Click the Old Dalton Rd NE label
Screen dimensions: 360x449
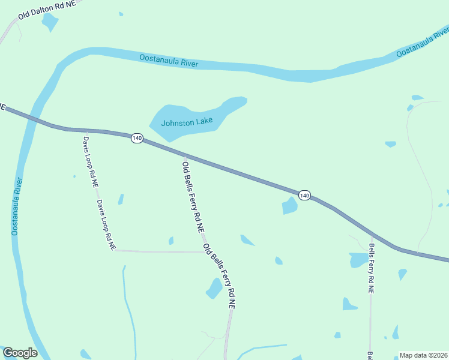coord(47,8)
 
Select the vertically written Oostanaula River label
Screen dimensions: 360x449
coord(17,206)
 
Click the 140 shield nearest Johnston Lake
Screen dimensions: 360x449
coord(137,139)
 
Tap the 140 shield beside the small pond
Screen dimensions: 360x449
coord(304,196)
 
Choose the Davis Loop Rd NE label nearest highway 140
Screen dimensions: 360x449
coord(91,162)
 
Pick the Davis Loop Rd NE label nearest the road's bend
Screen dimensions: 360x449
coord(106,225)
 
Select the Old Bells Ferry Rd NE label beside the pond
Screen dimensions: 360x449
coord(218,275)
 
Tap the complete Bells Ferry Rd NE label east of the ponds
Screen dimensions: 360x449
coord(372,268)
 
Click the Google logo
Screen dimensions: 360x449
coord(20,353)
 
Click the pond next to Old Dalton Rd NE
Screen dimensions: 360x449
coord(50,22)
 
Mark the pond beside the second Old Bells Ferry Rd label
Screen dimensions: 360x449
coord(214,288)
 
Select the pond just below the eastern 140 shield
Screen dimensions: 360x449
coord(290,206)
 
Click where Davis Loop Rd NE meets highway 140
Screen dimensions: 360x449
coord(87,130)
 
